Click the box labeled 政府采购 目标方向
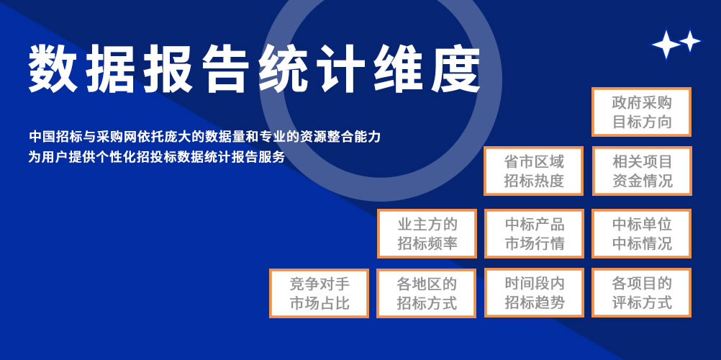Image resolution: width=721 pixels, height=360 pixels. [641, 112]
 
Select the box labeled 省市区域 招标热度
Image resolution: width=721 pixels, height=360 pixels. [533, 171]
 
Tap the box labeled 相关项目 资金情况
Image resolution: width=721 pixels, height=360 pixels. [641, 171]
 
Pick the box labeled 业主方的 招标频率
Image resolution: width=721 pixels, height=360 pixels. [427, 233]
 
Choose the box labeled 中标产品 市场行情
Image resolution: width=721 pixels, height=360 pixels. [534, 233]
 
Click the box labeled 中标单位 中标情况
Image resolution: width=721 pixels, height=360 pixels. [641, 233]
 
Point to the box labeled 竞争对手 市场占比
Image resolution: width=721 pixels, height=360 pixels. [319, 293]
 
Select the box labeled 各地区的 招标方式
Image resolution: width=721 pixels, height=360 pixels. [426, 293]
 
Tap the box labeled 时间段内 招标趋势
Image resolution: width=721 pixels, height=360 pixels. [534, 293]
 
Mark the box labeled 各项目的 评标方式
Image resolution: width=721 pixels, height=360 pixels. [641, 293]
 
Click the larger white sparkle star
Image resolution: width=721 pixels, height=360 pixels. [666, 44]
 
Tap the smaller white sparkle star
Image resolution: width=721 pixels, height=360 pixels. [690, 41]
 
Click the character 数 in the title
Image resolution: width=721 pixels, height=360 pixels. [53, 69]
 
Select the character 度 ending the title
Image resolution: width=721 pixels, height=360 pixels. [455, 69]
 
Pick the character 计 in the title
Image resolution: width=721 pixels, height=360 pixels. [341, 69]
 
